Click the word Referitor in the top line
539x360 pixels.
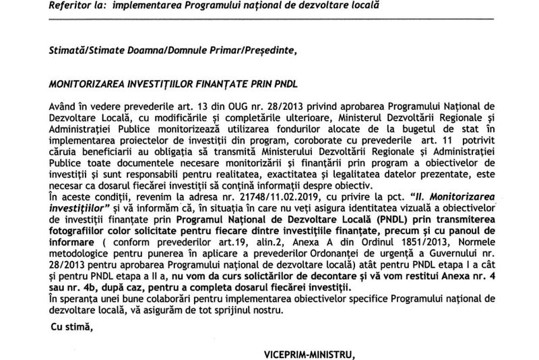coord(71,5)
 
